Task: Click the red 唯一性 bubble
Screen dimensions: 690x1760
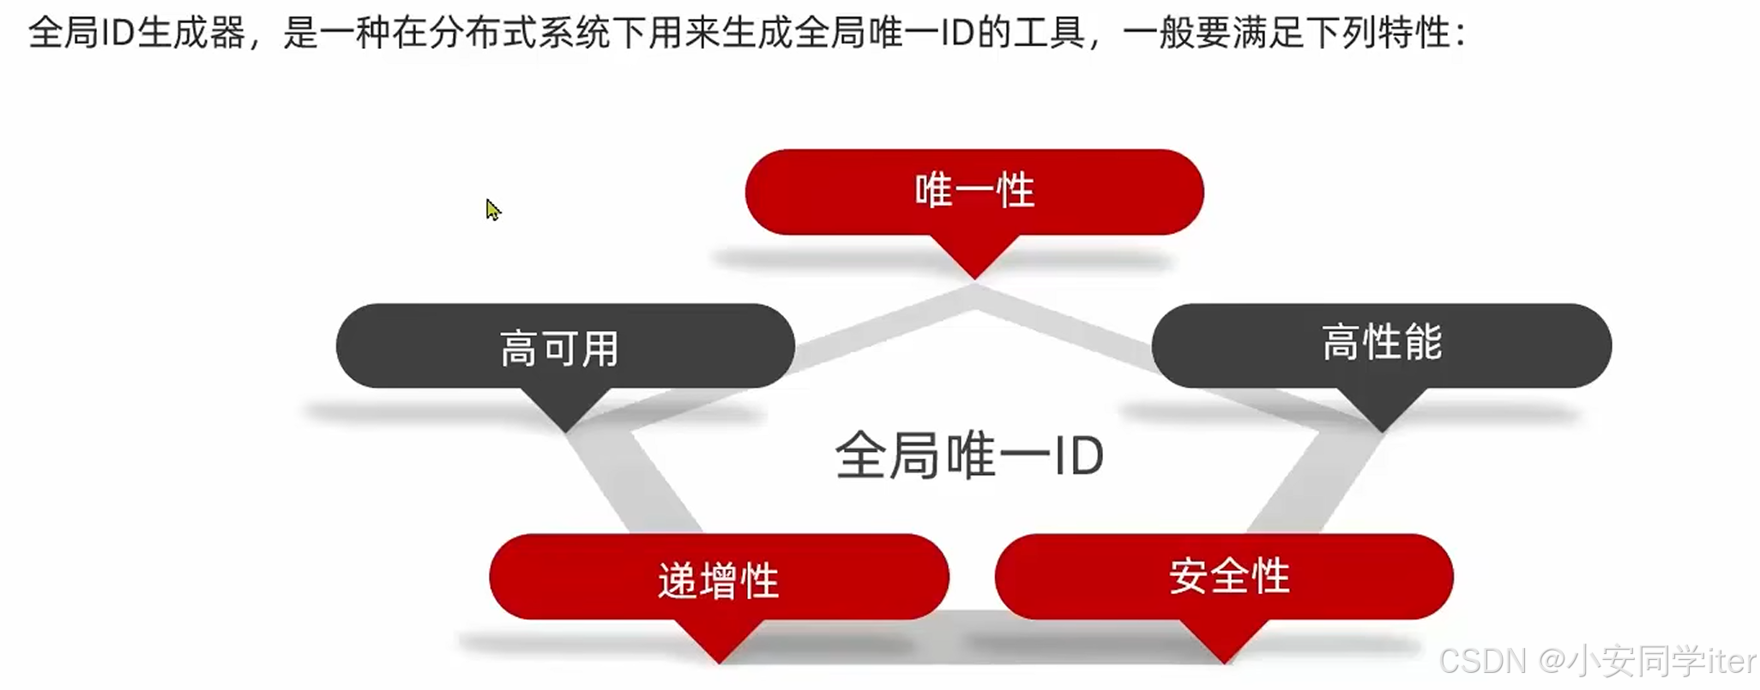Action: coord(974,191)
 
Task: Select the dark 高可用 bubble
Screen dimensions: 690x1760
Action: coord(564,347)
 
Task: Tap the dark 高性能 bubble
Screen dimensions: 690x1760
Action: coord(1381,345)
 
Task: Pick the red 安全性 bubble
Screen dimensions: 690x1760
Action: coord(1225,576)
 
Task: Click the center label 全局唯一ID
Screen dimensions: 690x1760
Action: coord(969,455)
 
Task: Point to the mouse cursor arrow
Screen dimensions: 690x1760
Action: coord(491,209)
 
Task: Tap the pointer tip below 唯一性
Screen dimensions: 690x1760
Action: coord(974,273)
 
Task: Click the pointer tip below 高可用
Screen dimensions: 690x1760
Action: coord(565,426)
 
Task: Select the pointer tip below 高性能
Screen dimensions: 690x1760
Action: coord(1382,426)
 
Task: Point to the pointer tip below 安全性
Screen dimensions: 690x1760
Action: coord(1225,657)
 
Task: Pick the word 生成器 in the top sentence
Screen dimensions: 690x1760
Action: coord(191,33)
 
